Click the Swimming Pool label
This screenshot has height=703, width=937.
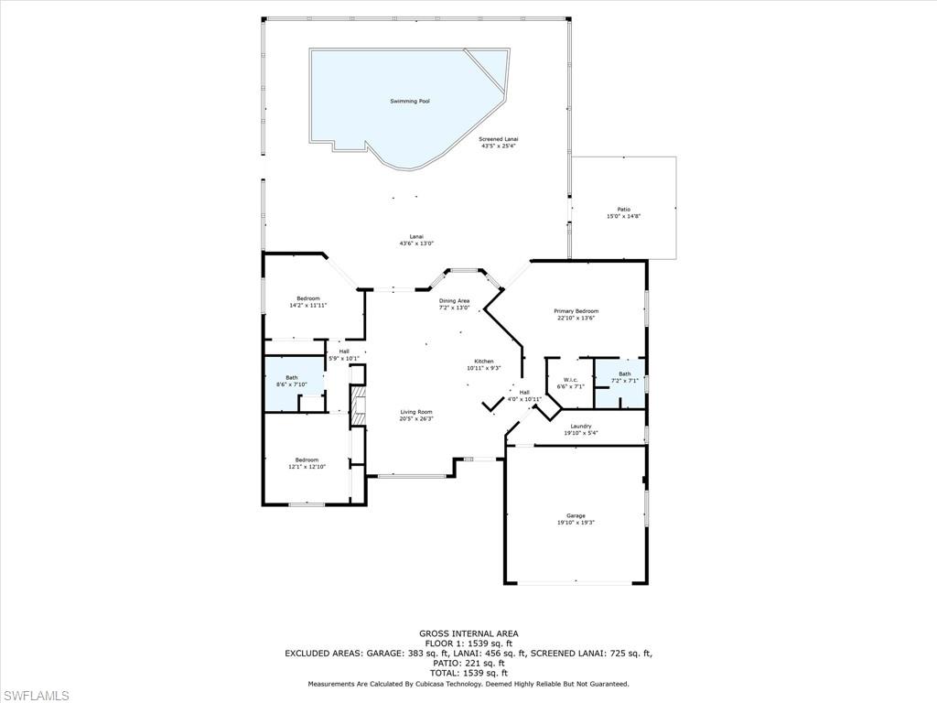point(410,102)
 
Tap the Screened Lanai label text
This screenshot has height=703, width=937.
point(499,142)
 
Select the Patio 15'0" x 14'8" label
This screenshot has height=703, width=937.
point(623,212)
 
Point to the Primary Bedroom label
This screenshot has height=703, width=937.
point(575,315)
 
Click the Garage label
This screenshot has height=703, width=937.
point(576,519)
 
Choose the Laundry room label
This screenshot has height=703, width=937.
point(581,429)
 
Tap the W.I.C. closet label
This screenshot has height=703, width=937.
point(570,383)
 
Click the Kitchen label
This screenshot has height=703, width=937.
point(483,364)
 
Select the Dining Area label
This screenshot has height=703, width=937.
point(454,304)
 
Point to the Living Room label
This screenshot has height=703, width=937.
point(415,416)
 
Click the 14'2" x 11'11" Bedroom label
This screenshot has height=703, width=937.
point(307,301)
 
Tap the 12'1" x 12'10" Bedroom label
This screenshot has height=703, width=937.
point(307,463)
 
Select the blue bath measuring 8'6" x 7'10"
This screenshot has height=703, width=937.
point(291,381)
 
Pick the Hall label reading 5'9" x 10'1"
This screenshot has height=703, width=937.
point(344,354)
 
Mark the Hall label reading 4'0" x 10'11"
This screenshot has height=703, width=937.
point(524,395)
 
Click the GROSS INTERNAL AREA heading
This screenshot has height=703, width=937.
point(468,633)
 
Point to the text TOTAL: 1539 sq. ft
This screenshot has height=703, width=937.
point(468,673)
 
